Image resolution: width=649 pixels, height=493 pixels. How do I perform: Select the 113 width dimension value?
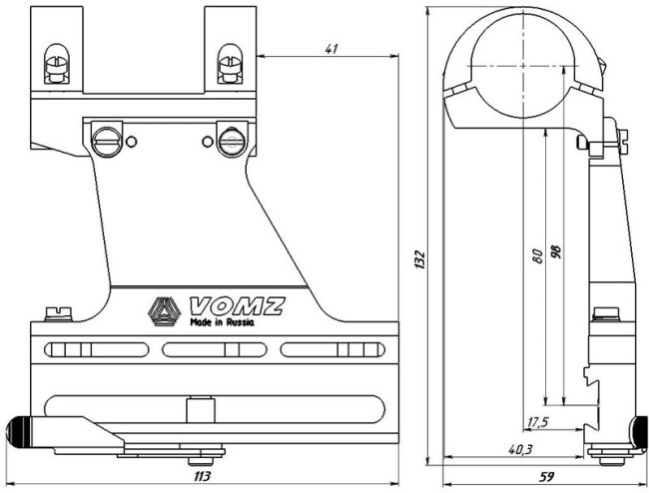202,477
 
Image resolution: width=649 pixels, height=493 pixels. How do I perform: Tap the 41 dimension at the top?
330,47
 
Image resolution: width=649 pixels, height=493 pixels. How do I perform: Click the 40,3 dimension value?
520,450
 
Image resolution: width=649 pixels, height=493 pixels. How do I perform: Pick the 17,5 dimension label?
538,420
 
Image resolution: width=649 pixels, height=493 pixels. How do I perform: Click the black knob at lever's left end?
17,431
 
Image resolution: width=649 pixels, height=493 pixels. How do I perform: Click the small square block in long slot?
199,408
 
